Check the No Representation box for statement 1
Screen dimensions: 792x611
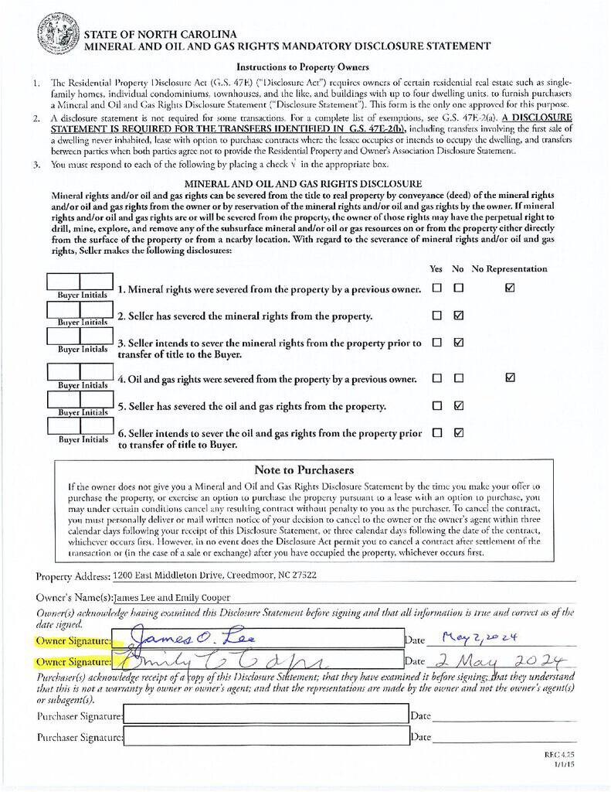pyautogui.click(x=509, y=288)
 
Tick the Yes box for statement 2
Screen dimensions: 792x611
pyautogui.click(x=437, y=316)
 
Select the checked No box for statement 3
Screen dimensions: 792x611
pyautogui.click(x=459, y=342)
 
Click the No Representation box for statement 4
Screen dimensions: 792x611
pyautogui.click(x=509, y=378)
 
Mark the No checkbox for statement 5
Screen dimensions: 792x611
pyautogui.click(x=459, y=405)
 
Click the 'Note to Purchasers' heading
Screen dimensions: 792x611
pyautogui.click(x=304, y=469)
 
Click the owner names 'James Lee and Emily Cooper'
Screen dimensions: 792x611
pyautogui.click(x=171, y=598)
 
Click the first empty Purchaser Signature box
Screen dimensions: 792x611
pyautogui.click(x=266, y=715)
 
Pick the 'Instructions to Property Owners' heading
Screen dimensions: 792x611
pyautogui.click(x=302, y=67)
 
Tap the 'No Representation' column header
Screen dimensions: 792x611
pyautogui.click(x=509, y=269)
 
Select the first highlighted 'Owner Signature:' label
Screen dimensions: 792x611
pyautogui.click(x=74, y=640)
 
